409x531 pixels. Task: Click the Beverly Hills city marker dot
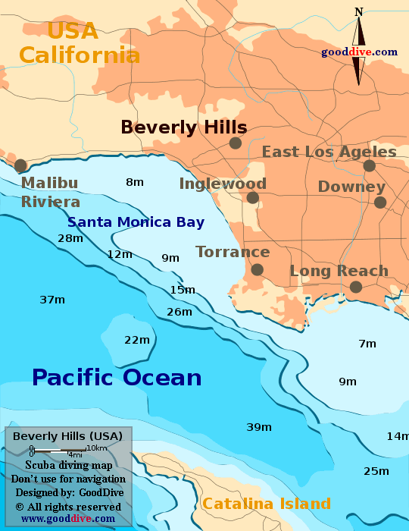pyautogui.click(x=236, y=143)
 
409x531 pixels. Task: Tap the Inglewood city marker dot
pyautogui.click(x=253, y=198)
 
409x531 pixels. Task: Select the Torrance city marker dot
pyautogui.click(x=258, y=269)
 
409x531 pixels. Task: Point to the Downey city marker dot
pyautogui.click(x=380, y=203)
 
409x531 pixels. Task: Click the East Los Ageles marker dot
pyautogui.click(x=369, y=165)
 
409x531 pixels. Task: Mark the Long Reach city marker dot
pyautogui.click(x=355, y=287)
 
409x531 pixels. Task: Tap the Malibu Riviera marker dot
pyautogui.click(x=20, y=165)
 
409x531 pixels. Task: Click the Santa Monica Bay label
pyautogui.click(x=136, y=222)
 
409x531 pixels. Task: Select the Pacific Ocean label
pyautogui.click(x=117, y=377)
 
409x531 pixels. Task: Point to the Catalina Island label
pyautogui.click(x=267, y=504)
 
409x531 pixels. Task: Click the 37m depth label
pyautogui.click(x=52, y=300)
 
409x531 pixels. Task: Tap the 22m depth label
pyautogui.click(x=137, y=340)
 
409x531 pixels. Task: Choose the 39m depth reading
pyautogui.click(x=259, y=427)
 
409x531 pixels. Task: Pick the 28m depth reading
pyautogui.click(x=70, y=238)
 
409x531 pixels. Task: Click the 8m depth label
pyautogui.click(x=135, y=182)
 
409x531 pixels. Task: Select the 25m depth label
pyautogui.click(x=376, y=471)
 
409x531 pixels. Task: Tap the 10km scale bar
pyautogui.click(x=58, y=451)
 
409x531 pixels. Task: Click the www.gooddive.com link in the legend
pyautogui.click(x=68, y=519)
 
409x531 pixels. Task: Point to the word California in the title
pyautogui.click(x=80, y=55)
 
